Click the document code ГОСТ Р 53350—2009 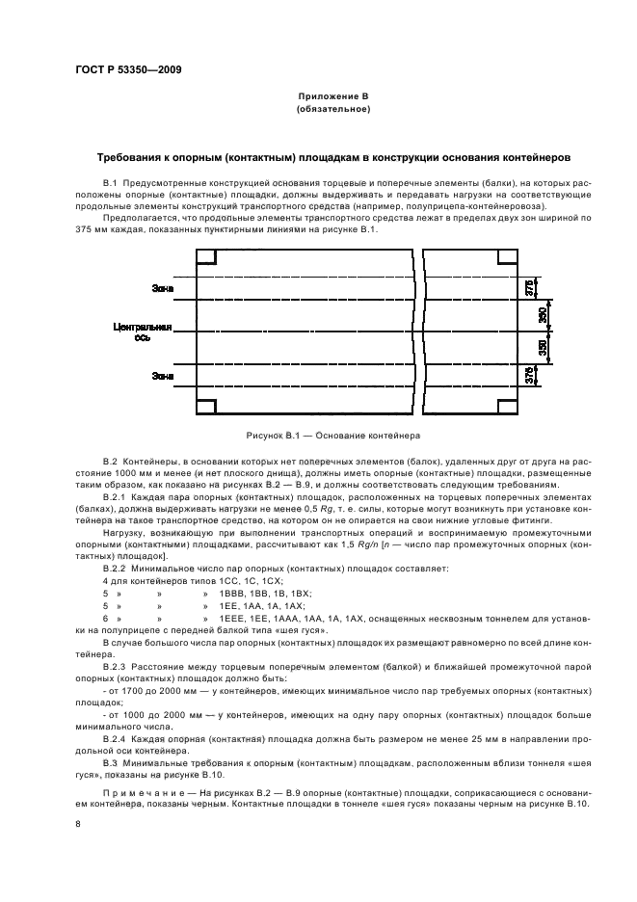pyautogui.click(x=128, y=69)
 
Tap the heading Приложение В pyautogui.click(x=333, y=98)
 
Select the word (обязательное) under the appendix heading pyautogui.click(x=333, y=111)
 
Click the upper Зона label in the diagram pyautogui.click(x=163, y=287)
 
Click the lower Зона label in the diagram pyautogui.click(x=163, y=378)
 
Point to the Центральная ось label pyautogui.click(x=145, y=332)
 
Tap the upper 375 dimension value pyautogui.click(x=529, y=287)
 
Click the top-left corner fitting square pyautogui.click(x=207, y=257)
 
